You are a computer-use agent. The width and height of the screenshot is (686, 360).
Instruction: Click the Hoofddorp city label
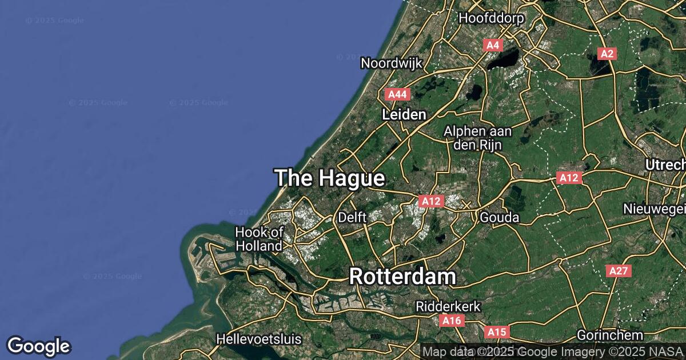coord(492,18)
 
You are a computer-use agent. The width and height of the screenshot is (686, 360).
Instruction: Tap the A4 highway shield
coord(493,45)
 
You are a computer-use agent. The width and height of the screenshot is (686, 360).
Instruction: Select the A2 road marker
coord(607,54)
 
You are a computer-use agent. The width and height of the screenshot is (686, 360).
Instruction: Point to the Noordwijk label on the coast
coord(388,63)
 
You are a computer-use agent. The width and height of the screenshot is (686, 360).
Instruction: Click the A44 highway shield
coord(397,94)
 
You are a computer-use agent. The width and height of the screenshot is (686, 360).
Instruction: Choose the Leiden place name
coord(404,115)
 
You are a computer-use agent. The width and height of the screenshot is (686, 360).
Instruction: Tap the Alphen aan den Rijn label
coord(478,138)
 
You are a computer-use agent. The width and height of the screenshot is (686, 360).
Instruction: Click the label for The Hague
coord(329,178)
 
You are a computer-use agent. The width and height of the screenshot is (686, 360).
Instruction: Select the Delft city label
coord(352,217)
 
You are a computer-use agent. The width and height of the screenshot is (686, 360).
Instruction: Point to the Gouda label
coord(500,218)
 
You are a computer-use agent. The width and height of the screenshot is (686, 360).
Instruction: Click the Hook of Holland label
coord(260,239)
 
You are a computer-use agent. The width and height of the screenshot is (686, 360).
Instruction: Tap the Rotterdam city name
coord(402,277)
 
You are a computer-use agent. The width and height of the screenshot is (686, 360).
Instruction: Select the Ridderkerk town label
coord(448,307)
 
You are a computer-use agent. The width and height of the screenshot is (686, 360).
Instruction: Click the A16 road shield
coord(452,321)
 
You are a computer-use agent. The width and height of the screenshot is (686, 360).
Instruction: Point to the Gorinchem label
coord(610,335)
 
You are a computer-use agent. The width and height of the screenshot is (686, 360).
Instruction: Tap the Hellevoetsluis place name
coord(258,339)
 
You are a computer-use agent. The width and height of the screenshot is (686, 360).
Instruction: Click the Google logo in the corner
coord(38,346)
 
